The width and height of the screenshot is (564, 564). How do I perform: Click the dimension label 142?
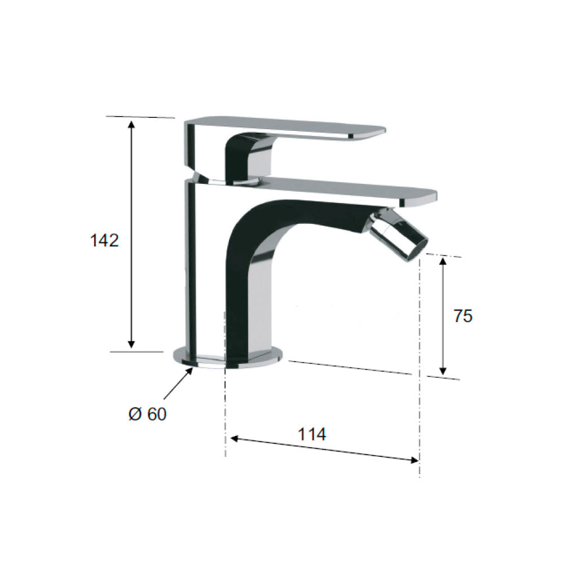pyautogui.click(x=104, y=240)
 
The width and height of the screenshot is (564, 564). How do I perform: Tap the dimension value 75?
pyautogui.click(x=462, y=316)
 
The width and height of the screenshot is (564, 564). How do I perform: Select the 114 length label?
pyautogui.click(x=312, y=434)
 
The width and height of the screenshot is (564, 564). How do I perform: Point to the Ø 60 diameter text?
pyautogui.click(x=147, y=414)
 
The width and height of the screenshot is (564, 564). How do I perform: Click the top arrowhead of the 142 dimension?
pyautogui.click(x=131, y=125)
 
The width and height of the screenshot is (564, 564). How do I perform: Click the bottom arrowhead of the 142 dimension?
pyautogui.click(x=131, y=344)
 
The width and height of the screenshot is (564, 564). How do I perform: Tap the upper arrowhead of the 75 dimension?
pyautogui.click(x=443, y=262)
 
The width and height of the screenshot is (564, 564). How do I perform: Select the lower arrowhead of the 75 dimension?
pyautogui.click(x=443, y=371)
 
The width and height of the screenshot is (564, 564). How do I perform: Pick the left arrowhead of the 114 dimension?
pyautogui.click(x=235, y=438)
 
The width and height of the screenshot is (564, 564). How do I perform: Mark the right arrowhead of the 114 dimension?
pyautogui.click(x=415, y=460)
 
